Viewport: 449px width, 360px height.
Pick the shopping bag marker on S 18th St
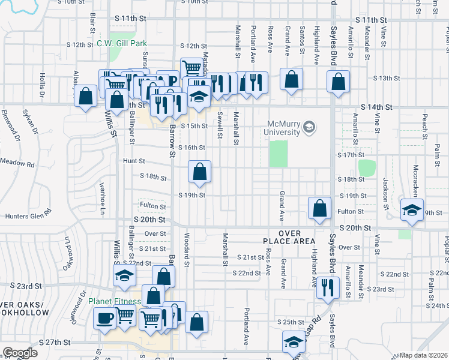[199, 172]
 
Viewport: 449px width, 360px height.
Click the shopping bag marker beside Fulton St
[321, 208]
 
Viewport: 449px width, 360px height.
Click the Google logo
[20, 353]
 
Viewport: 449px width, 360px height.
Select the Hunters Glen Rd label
[28, 217]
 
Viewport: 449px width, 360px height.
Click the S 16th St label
[191, 148]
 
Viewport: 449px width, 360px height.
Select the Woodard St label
[187, 250]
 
